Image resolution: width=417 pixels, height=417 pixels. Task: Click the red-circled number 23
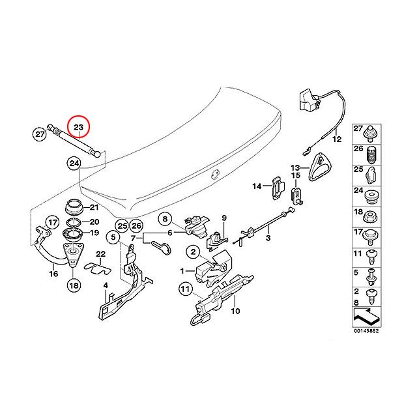pos(79,126)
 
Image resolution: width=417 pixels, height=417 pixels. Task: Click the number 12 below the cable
pos(336,139)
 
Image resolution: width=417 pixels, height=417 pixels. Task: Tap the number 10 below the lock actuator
pos(236,311)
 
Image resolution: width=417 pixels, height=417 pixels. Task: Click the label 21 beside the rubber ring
pos(93,208)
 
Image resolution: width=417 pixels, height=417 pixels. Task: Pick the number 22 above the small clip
pos(100,253)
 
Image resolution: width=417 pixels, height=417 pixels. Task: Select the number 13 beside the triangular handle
pos(295,167)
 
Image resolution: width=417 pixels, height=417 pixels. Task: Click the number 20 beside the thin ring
pos(93,222)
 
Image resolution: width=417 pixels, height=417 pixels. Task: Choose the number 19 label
pos(93,233)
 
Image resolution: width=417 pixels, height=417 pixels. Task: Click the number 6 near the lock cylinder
pos(170,233)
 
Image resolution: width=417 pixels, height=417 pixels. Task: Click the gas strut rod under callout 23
pos(74,144)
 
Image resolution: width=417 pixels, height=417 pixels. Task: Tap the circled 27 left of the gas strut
pos(39,135)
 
